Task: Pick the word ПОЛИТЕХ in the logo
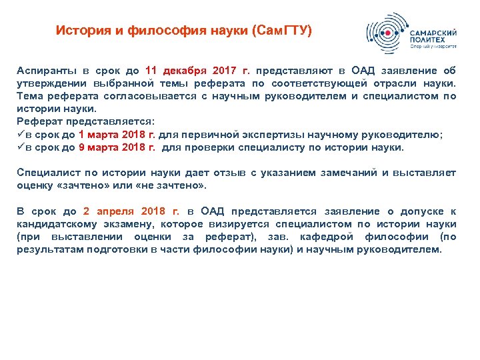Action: (427, 40)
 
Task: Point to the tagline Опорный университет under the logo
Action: (433, 47)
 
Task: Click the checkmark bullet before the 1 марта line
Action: (21, 134)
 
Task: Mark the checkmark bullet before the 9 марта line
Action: (21, 147)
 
